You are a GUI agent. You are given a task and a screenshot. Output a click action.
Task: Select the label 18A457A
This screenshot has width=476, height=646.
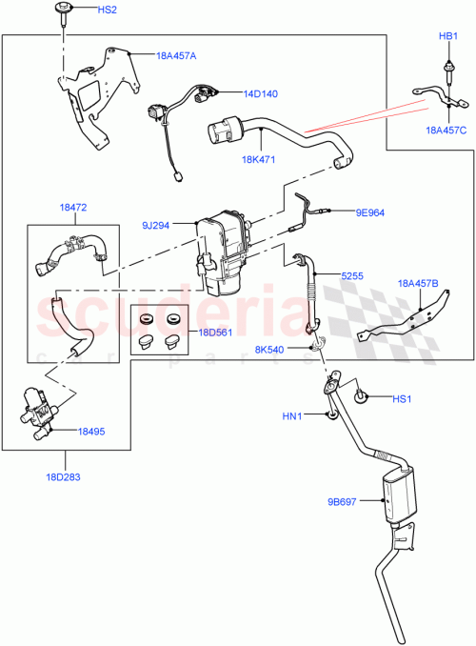176,56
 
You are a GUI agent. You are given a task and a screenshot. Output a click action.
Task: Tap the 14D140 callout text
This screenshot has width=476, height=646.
260,94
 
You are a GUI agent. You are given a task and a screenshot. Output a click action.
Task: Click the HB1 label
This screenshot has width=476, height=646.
447,35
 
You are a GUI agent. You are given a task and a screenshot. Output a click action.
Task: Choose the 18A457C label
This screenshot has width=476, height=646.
446,130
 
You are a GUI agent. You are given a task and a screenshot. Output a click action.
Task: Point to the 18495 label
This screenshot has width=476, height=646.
92,432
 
